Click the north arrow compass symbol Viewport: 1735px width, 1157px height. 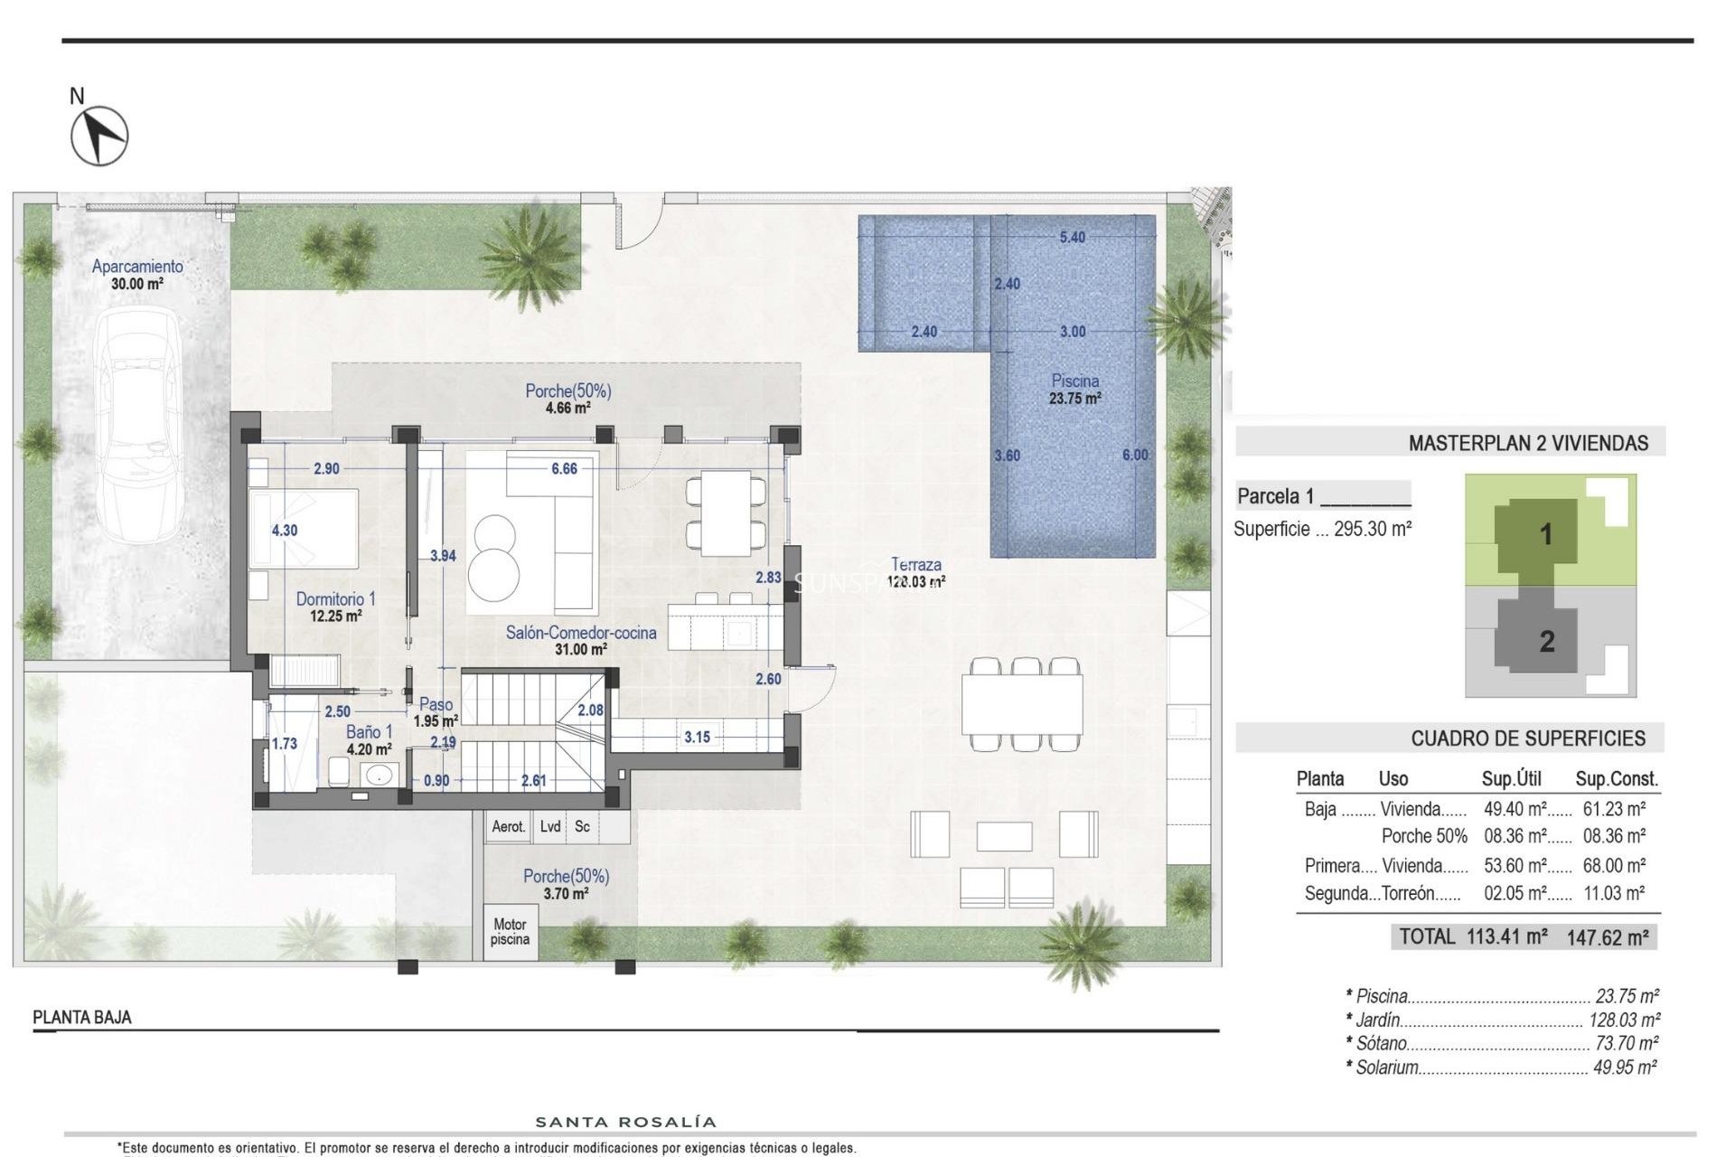tap(99, 136)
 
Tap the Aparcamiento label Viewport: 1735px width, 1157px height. tap(137, 267)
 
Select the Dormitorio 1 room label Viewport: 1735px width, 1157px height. tap(335, 599)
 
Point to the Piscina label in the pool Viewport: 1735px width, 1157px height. tap(1074, 381)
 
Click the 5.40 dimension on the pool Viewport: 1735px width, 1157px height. tap(1072, 238)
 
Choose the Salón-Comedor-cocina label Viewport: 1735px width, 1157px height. tap(580, 633)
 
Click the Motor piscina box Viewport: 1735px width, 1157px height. tap(510, 932)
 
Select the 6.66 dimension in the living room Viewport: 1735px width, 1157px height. tap(564, 468)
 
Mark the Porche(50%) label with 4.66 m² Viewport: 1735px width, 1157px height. tap(567, 391)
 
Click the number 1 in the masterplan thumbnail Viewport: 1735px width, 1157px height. tap(1545, 534)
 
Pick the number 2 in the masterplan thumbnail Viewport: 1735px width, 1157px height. tap(1546, 642)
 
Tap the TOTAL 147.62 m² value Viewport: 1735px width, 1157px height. tap(1607, 937)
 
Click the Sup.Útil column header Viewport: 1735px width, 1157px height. tap(1511, 779)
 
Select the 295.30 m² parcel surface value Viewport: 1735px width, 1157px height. tap(1372, 530)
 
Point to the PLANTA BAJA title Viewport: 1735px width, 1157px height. tap(82, 1018)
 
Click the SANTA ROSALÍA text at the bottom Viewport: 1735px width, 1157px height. tap(625, 1123)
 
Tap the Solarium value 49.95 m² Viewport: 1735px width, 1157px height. tap(1624, 1068)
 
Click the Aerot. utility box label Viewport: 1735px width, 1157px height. tap(509, 827)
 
